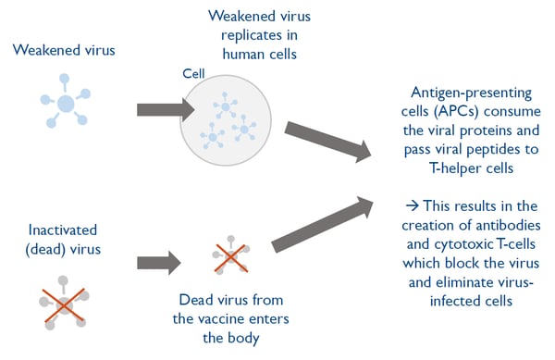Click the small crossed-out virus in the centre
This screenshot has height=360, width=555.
click(x=226, y=254)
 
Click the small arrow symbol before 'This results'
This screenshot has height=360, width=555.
click(x=412, y=205)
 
